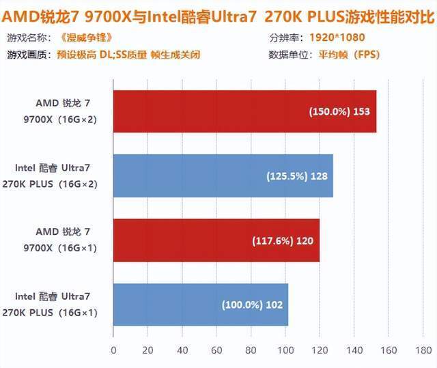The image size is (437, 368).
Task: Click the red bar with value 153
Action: pos(244,111)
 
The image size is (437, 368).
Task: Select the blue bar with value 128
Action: pos(223,175)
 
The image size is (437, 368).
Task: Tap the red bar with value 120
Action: pos(216,240)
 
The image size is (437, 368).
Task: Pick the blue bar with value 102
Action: pos(201,305)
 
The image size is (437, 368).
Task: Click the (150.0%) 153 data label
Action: pos(339,111)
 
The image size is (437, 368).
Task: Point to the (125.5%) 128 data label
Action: pos(297,176)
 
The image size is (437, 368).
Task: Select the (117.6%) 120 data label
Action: pos(283,241)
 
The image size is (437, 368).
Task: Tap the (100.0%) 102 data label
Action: pos(252,305)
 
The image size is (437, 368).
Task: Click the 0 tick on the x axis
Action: pos(113,350)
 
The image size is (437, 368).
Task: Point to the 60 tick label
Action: pos(216,350)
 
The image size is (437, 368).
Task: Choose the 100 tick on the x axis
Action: pos(285,350)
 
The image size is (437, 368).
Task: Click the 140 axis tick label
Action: pos(354,350)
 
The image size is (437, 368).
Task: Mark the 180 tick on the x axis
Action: pos(423,350)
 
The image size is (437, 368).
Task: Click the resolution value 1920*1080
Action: pos(337,38)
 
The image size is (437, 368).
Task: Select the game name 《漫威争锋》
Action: pos(86,38)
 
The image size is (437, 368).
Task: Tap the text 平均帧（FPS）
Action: pos(350,55)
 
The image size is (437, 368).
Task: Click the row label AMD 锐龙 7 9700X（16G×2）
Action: pos(60,111)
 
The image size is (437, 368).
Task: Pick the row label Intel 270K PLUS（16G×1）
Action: pos(50,305)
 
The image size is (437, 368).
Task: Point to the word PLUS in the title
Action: pos(326,17)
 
